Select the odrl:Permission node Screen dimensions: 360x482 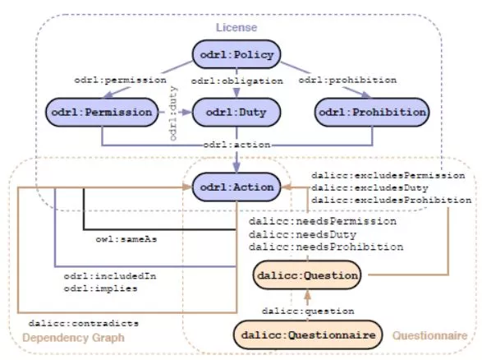point(101,111)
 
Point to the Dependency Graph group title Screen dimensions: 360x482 point(73,339)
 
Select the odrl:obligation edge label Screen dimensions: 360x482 point(237,81)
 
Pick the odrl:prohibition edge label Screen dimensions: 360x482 point(347,81)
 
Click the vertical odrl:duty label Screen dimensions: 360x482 point(174,118)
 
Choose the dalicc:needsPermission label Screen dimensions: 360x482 point(323,221)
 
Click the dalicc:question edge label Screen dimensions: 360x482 point(308,312)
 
